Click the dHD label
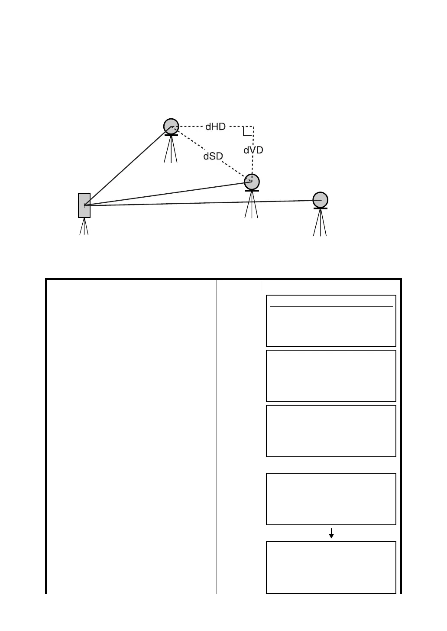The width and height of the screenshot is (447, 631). coord(215,127)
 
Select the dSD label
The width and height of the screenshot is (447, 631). coord(213,156)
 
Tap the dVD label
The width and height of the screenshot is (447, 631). coord(253,150)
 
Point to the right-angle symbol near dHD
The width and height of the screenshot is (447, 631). coord(247,131)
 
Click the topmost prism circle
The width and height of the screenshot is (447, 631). coord(171,126)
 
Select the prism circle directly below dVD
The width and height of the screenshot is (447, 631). coord(252,182)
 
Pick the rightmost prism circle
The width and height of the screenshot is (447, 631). coord(320,200)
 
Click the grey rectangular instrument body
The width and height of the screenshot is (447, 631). coord(84,205)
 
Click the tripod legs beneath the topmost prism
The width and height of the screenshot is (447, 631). coord(171,150)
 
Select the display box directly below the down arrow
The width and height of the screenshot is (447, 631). coord(331,567)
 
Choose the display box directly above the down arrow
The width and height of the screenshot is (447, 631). coord(331,499)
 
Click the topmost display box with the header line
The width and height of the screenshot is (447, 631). coord(331,321)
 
